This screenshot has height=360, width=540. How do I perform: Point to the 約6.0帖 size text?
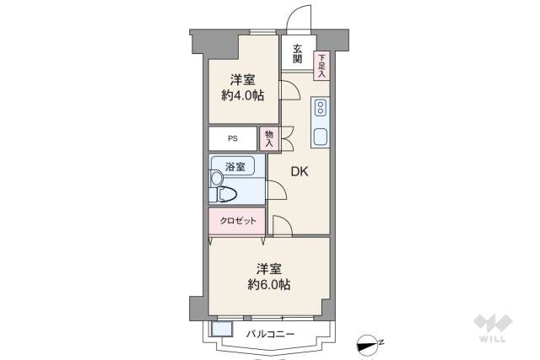point(269,285)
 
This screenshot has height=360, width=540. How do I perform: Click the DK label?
point(300,171)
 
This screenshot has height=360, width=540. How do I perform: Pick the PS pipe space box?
point(232,138)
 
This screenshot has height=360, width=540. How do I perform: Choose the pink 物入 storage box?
point(269,138)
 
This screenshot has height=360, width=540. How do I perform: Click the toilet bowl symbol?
point(227,194)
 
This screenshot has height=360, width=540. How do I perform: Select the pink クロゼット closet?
point(238,220)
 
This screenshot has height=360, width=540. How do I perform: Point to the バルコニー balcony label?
point(270,335)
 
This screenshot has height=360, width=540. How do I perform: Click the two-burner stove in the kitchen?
point(321,108)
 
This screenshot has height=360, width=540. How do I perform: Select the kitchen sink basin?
point(321,137)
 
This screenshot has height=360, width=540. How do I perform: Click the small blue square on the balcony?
point(222,330)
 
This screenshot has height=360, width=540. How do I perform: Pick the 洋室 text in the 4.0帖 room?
point(244,80)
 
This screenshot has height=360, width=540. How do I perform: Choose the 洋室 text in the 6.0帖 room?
point(269,269)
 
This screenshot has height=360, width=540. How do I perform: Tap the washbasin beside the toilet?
point(215,177)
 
